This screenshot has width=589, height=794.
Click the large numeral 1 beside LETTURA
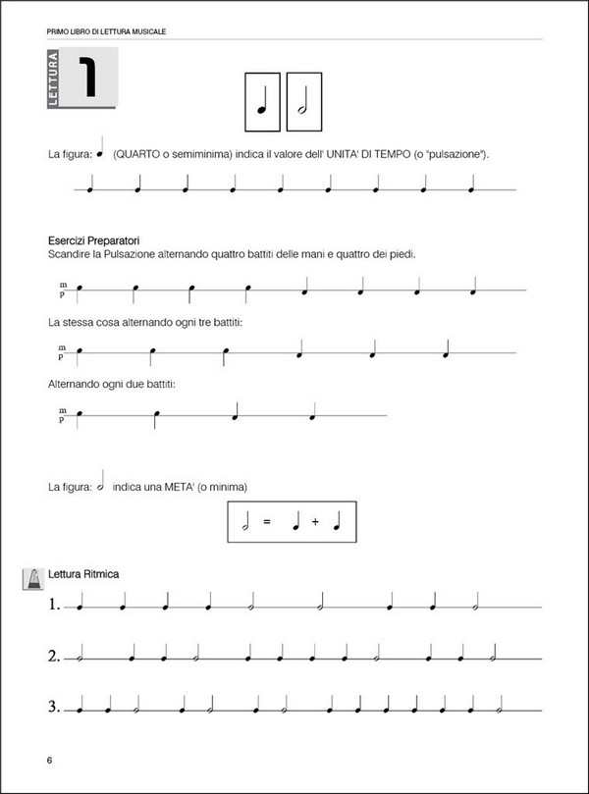coord(88,79)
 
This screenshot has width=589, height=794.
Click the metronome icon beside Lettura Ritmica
coord(31,579)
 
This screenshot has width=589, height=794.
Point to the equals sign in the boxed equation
coord(265,523)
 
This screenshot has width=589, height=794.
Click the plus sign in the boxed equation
coord(315,523)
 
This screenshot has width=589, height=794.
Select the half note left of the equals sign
coord(244,523)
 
